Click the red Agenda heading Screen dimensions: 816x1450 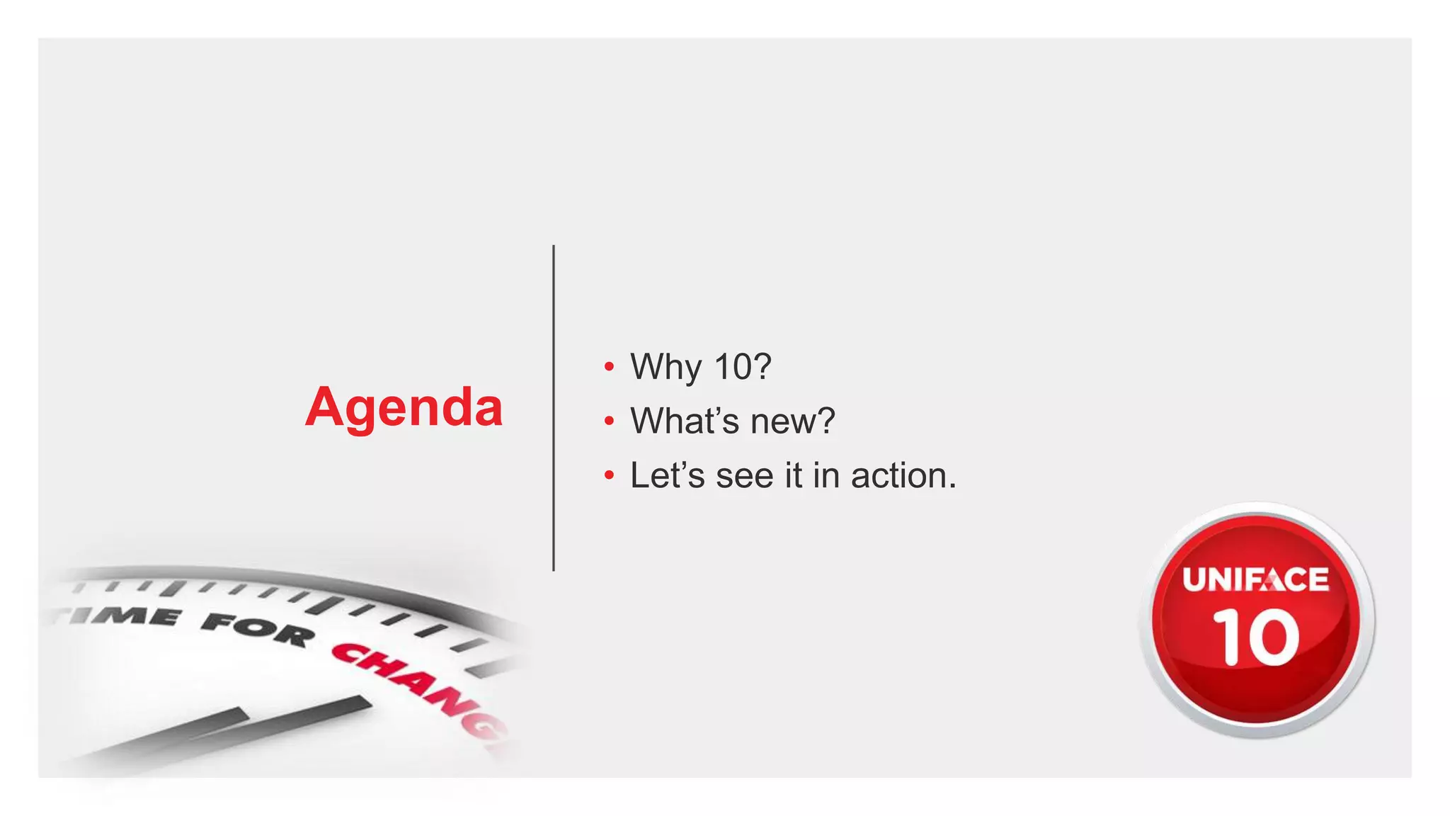[404, 408]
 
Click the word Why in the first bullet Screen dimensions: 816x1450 [666, 368]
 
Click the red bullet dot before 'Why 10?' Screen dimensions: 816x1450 [609, 368]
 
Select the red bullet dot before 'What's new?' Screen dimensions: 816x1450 [609, 421]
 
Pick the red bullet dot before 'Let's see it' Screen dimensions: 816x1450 [609, 476]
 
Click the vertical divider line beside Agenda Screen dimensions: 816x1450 [554, 408]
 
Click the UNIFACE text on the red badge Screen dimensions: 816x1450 [1256, 580]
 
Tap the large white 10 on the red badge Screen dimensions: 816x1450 [1256, 638]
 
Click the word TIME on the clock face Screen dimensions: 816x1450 [120, 615]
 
